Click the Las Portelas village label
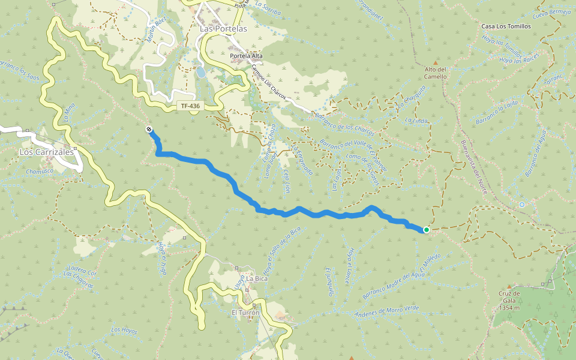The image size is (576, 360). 223,28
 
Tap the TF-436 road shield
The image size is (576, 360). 190,106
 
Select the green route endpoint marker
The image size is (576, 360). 426,230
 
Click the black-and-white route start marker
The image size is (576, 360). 148,130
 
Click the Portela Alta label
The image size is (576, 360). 246,56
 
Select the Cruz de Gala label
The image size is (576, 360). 509,301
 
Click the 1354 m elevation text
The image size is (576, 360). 509,308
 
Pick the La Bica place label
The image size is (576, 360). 257,278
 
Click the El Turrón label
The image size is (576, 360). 245,313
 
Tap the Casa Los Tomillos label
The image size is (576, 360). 506,26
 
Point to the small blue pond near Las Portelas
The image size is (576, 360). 200,73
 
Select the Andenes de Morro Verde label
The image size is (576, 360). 388,311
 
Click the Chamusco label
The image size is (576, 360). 40,171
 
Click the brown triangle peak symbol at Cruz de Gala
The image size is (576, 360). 509,287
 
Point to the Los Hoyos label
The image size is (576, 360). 124,331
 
